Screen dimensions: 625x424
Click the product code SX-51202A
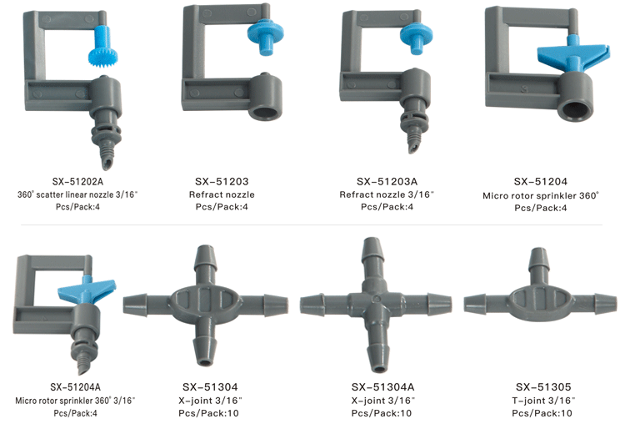pos(77,182)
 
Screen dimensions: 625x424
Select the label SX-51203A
pos(387,182)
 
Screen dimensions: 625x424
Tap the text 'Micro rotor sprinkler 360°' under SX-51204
pos(541,195)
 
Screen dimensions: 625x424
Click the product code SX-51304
pos(210,387)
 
